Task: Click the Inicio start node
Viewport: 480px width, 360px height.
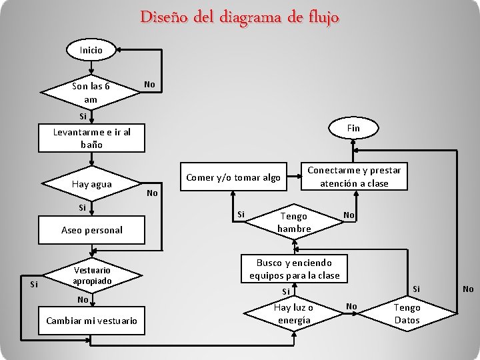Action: (x=91, y=50)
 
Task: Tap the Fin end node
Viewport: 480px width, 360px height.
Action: (x=353, y=127)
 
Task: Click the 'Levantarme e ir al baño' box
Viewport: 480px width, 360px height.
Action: (x=91, y=137)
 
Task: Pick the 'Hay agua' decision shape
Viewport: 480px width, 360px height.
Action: (x=91, y=184)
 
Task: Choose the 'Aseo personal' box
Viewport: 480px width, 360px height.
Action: (x=91, y=230)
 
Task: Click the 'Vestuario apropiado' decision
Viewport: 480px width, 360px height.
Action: (x=91, y=275)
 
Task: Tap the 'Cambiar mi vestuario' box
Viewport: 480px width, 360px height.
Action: (x=91, y=321)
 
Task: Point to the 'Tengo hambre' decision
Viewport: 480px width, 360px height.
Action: (x=294, y=222)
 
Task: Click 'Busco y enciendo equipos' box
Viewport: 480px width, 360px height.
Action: (x=294, y=269)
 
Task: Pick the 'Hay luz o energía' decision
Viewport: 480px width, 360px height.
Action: (x=294, y=313)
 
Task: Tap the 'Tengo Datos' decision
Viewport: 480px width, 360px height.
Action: (x=407, y=313)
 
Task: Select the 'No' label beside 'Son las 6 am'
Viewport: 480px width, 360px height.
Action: (x=150, y=85)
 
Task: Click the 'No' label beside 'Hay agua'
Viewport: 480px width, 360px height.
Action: (x=153, y=193)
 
